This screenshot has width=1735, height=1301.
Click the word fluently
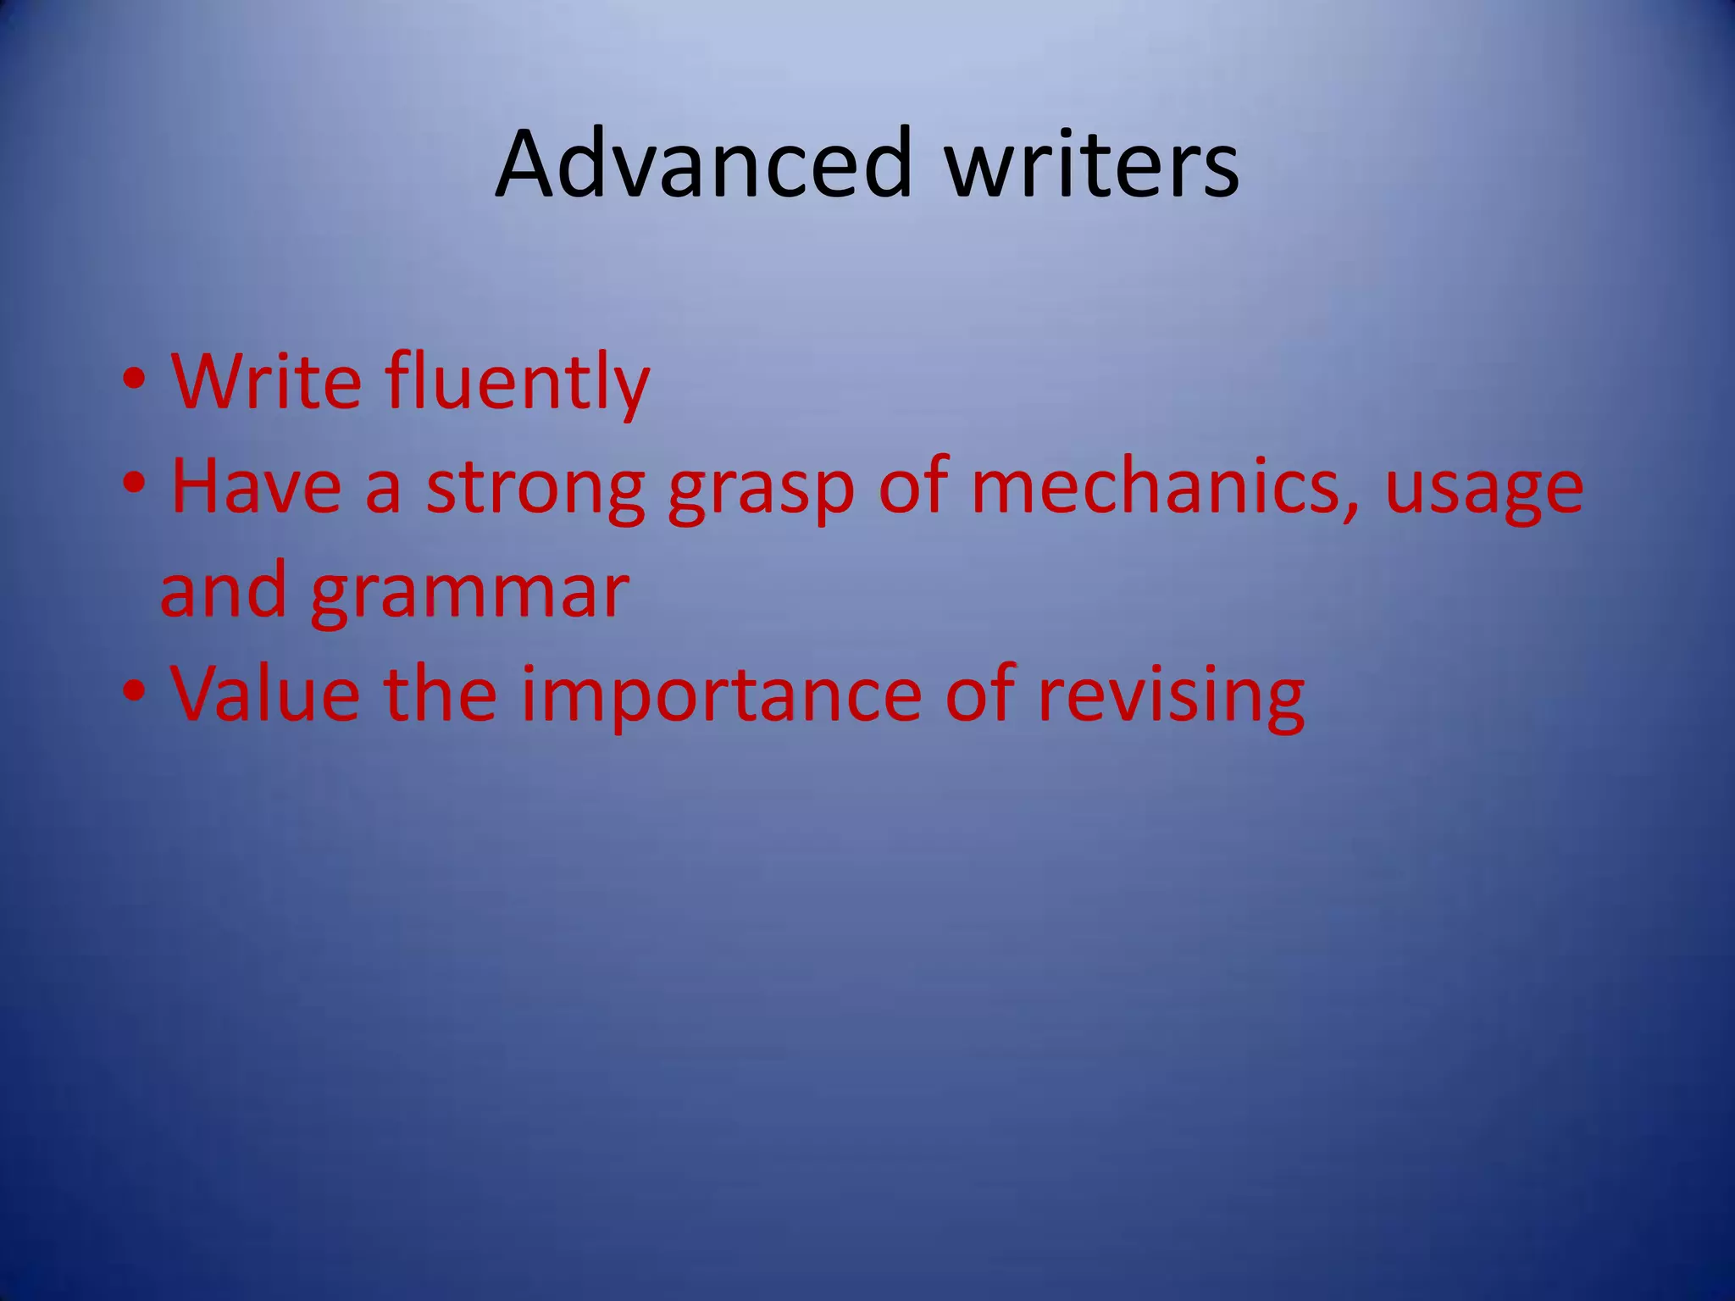point(518,383)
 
